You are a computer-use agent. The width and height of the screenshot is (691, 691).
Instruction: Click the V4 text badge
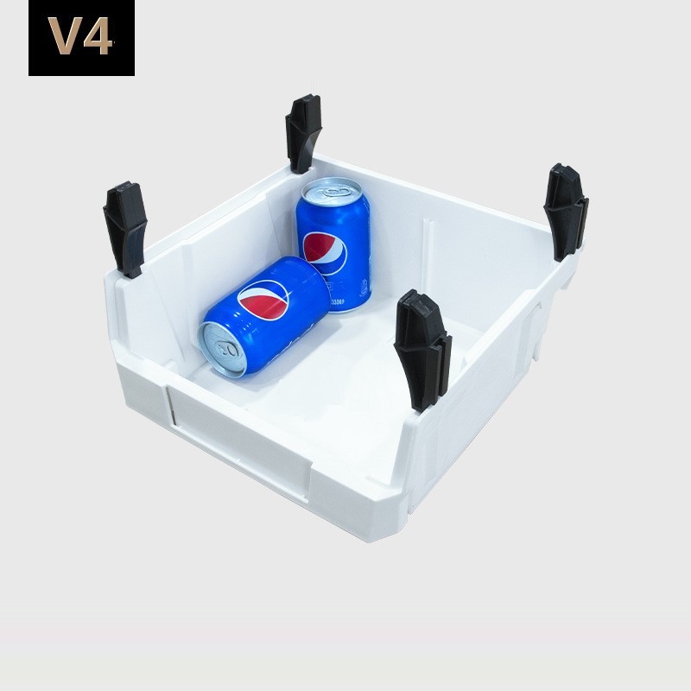pos(81,38)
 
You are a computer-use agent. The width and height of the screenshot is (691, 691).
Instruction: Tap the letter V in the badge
pos(64,38)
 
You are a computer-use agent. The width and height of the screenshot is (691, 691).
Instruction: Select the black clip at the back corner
pos(303,133)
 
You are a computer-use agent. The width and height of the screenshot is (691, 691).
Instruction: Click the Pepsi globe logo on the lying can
pos(263,300)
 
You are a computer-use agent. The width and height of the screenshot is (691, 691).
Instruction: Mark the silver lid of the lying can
pos(223,349)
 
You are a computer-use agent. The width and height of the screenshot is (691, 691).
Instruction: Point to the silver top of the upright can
pos(332,190)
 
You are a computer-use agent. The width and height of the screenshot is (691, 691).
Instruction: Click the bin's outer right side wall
pos(492,406)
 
